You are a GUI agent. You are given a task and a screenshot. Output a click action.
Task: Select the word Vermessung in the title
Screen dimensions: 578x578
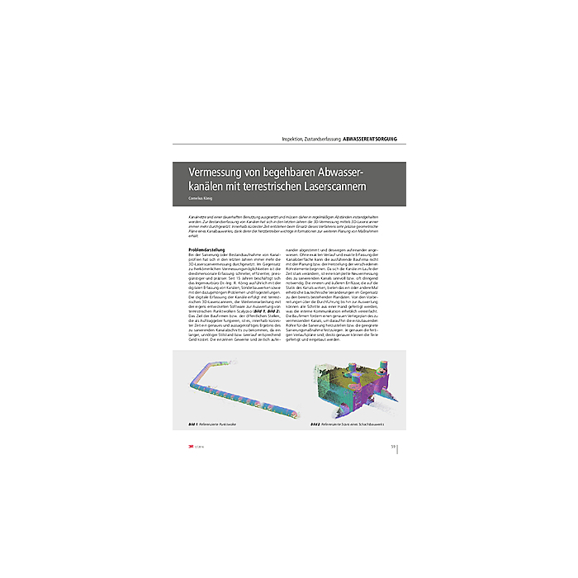point(216,172)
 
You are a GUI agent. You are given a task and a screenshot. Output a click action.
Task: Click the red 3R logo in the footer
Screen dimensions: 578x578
point(191,447)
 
